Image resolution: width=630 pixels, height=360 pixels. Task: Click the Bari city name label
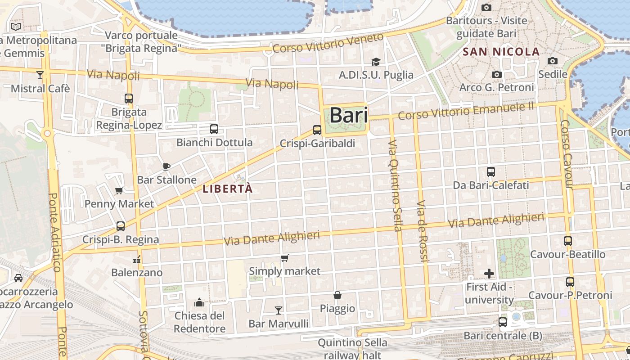[x=349, y=116]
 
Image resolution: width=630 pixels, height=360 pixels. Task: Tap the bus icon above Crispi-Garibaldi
[x=317, y=130]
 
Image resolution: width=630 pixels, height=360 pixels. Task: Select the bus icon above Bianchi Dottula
[x=214, y=129]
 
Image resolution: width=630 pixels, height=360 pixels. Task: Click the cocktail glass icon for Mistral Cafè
[x=40, y=75]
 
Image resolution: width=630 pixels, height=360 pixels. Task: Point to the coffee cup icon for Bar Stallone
[x=166, y=166]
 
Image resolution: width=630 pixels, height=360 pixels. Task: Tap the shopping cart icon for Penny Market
[x=119, y=190]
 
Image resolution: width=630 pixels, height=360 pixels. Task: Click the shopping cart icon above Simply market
[x=284, y=258]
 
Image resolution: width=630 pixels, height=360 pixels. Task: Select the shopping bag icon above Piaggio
[x=337, y=295]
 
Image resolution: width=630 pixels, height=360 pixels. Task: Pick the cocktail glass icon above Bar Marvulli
[x=279, y=310]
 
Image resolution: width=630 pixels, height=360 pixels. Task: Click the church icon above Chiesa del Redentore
[x=199, y=302]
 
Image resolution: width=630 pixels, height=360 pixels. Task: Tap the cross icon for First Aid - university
[x=489, y=273]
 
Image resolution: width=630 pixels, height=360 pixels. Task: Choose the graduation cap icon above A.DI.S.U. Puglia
[x=376, y=62]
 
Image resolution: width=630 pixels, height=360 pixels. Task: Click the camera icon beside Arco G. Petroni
[x=497, y=74]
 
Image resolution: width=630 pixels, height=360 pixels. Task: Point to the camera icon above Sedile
[x=553, y=61]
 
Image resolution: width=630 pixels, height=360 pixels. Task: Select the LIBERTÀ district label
[x=228, y=189]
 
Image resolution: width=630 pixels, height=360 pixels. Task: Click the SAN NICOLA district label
[x=501, y=52]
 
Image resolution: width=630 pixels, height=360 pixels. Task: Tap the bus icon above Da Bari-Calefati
[x=491, y=172]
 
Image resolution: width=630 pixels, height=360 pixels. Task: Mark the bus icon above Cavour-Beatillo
[x=568, y=241]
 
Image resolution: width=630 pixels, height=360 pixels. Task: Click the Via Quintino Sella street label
[x=394, y=185]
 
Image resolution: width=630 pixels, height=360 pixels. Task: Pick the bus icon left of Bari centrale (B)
[x=503, y=322]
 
